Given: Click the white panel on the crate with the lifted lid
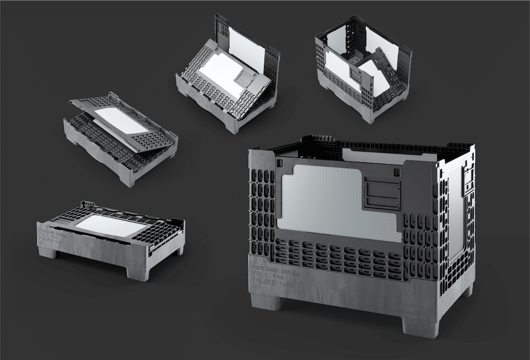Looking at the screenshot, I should click(120, 121).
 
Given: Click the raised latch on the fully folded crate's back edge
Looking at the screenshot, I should click(87, 204).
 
